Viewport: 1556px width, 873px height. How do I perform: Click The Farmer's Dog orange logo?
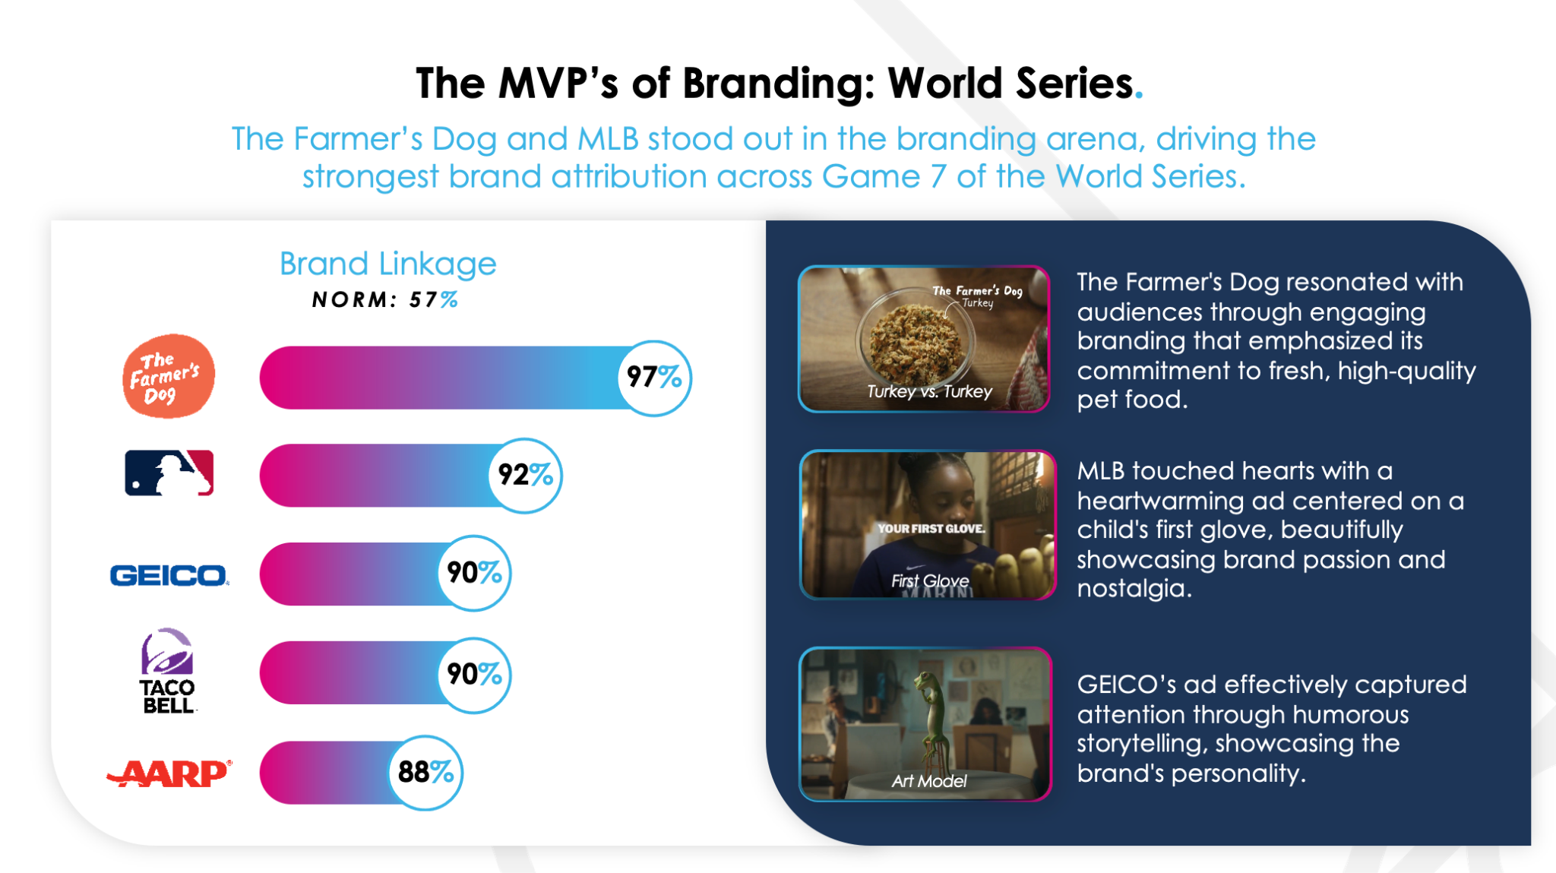(169, 376)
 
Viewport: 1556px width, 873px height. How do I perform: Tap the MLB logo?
(169, 473)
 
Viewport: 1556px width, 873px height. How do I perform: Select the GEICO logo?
(169, 575)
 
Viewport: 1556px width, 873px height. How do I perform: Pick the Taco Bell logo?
(168, 670)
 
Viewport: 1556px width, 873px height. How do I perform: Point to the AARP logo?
(169, 773)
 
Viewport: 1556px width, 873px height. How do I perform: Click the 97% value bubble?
(654, 378)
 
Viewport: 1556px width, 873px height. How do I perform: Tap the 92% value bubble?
(524, 476)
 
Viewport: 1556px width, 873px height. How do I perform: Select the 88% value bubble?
(425, 773)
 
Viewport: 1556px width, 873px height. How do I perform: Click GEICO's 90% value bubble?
(474, 573)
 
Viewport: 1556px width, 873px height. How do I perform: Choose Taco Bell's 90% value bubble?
(474, 675)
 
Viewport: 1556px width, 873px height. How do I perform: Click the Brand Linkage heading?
(387, 264)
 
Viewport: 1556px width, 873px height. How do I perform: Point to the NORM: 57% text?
(385, 300)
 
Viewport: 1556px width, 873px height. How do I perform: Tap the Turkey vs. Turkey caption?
(930, 391)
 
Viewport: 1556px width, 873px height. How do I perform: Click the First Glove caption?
(930, 581)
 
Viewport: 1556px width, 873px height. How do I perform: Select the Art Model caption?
(929, 781)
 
